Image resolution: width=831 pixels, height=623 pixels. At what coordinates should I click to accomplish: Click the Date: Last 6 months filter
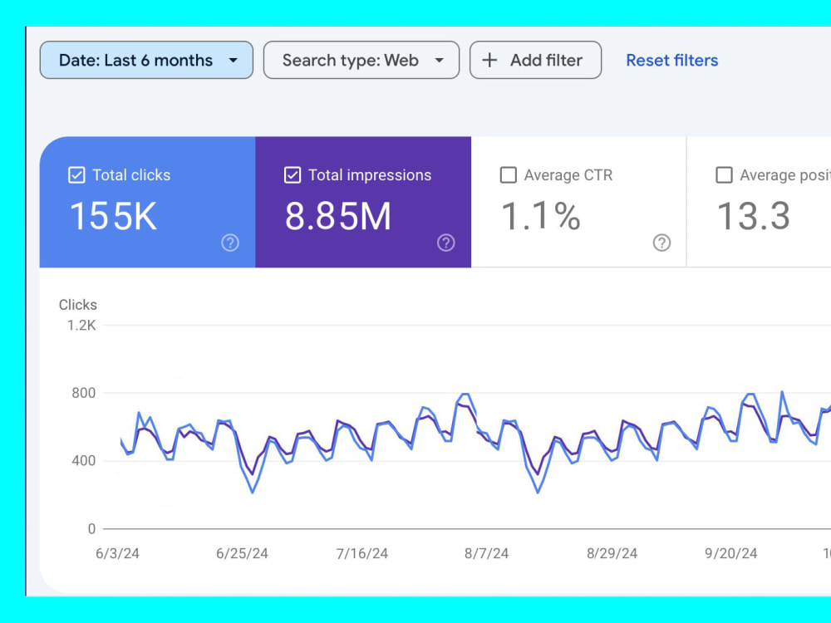tap(146, 60)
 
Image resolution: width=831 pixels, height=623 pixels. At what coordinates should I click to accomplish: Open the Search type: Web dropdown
tap(361, 60)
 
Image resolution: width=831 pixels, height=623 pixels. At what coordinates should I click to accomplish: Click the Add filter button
tap(535, 60)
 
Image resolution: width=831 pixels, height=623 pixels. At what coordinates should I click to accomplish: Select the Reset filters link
tap(672, 61)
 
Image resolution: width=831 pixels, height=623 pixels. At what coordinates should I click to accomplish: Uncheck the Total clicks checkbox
tap(76, 174)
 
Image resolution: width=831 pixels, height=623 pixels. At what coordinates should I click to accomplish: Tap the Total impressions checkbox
tap(293, 174)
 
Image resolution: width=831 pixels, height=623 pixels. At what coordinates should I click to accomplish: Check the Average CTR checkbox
tap(509, 174)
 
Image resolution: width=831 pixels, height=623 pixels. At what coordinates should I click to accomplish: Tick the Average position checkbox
tap(724, 174)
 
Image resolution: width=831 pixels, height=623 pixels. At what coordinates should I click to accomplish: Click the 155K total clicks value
tap(113, 216)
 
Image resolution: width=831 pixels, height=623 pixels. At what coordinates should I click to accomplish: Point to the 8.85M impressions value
tap(338, 216)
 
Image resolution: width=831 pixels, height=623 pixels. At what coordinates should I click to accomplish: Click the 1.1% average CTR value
tap(541, 216)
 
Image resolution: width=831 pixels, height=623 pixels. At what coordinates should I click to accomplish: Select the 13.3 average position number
tap(753, 216)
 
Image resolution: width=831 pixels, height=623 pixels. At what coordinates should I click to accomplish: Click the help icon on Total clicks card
tap(230, 243)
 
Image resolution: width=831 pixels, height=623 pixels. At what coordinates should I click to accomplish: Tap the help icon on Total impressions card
tap(445, 243)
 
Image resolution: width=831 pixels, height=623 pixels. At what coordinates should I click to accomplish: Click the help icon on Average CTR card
tap(661, 243)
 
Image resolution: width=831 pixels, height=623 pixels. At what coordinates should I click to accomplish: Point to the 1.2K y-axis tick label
tap(81, 326)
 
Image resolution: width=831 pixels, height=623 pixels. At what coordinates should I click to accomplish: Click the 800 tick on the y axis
tap(84, 393)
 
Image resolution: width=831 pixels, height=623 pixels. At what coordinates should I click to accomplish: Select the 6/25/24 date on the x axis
tap(242, 553)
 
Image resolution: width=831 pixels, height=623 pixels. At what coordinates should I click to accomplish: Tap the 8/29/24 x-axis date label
tap(612, 553)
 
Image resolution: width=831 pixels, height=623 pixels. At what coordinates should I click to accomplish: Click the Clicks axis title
tap(78, 305)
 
